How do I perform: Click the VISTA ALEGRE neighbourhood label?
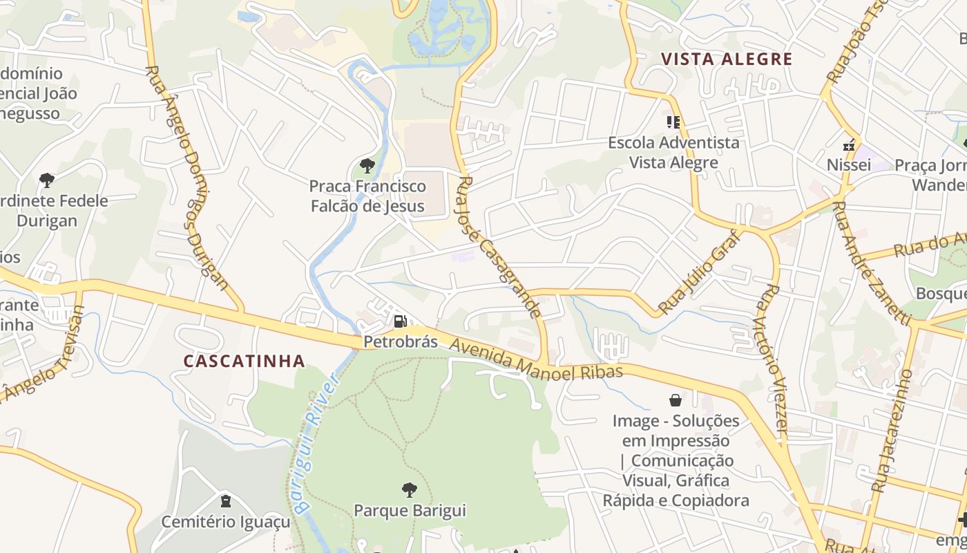tap(726, 59)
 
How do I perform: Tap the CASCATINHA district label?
tap(245, 361)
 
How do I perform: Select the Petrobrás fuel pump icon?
tap(400, 321)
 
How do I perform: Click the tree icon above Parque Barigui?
tap(410, 490)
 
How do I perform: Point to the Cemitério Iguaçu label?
tap(226, 521)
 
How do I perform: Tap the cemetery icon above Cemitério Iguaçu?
tap(225, 500)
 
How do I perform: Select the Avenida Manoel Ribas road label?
tap(537, 359)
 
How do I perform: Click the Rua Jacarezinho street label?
tap(892, 430)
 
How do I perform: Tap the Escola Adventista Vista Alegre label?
tap(673, 152)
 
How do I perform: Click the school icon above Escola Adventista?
tap(673, 123)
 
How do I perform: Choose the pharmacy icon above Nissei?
tap(848, 145)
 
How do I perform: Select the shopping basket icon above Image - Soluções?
tap(676, 400)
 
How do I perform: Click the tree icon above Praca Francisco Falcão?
tap(367, 166)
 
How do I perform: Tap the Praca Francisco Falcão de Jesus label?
tap(367, 196)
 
